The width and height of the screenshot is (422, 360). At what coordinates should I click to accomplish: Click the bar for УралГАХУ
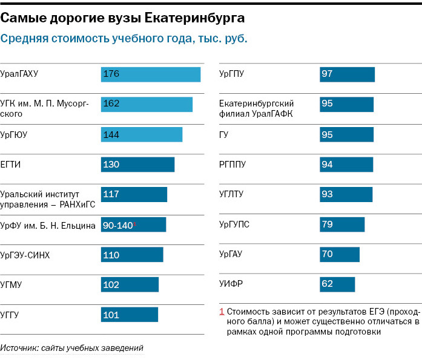click(x=150, y=74)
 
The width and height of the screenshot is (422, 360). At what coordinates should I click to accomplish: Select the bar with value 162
click(x=147, y=104)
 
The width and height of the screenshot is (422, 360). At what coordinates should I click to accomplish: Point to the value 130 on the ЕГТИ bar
click(x=111, y=165)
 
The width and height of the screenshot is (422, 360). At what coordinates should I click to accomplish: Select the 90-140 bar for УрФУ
click(x=133, y=225)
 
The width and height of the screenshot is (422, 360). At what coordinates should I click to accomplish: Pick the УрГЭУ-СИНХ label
click(x=25, y=255)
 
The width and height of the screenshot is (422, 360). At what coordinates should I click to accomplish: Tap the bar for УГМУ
click(x=130, y=285)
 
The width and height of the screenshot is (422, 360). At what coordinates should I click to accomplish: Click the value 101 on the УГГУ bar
click(x=111, y=315)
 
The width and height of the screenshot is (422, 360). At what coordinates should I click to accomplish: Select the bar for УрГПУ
click(x=347, y=74)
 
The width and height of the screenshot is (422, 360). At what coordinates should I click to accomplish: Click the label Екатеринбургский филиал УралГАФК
click(x=257, y=109)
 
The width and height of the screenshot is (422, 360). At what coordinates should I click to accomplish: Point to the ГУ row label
click(x=224, y=134)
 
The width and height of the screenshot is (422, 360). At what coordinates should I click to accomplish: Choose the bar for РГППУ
click(x=346, y=165)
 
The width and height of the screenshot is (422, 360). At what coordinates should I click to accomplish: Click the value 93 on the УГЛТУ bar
click(x=328, y=194)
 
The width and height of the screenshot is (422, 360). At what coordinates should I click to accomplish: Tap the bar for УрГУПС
click(x=342, y=224)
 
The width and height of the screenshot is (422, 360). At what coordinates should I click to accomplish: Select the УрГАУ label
click(x=231, y=255)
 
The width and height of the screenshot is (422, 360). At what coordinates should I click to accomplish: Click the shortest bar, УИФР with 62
click(x=337, y=284)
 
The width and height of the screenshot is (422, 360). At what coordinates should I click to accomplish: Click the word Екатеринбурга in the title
click(x=194, y=18)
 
